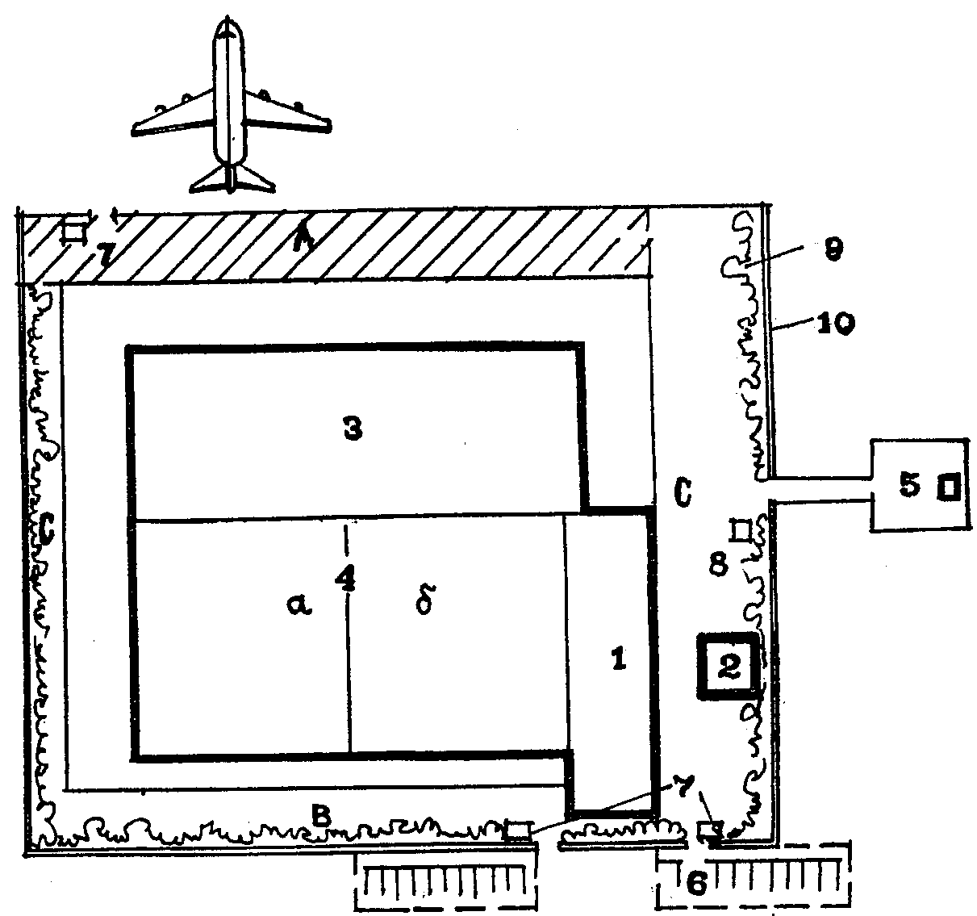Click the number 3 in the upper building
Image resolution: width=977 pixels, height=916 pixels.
[352, 430]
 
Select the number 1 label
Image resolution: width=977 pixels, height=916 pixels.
[619, 659]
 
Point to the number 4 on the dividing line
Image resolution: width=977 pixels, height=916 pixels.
[347, 580]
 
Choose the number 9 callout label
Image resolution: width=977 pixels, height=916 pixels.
[833, 251]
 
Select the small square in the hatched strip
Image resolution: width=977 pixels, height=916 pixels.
[74, 231]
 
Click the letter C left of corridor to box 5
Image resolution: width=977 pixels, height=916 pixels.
[682, 494]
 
